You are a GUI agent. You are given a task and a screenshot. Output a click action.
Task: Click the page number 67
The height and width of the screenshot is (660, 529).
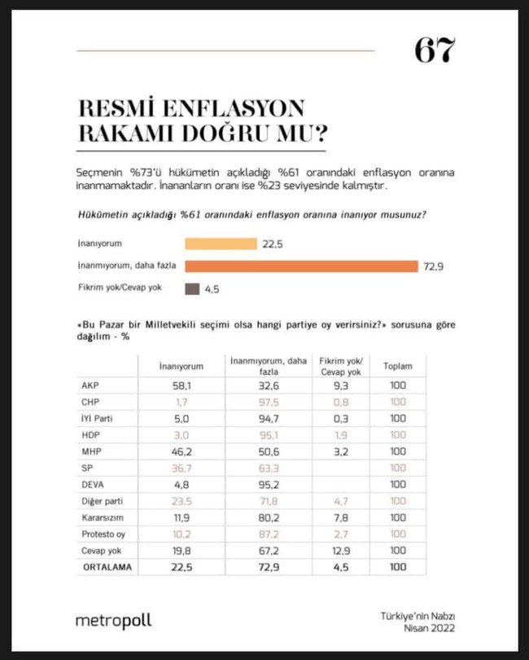435,51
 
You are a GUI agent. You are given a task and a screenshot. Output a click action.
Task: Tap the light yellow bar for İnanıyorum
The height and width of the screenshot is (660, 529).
221,244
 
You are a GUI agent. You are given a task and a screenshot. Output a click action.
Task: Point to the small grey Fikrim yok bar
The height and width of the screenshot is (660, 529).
192,288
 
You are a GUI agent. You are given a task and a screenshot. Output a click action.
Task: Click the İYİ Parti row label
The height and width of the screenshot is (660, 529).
98,419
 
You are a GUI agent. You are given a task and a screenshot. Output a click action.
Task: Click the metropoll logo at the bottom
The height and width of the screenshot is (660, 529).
113,621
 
